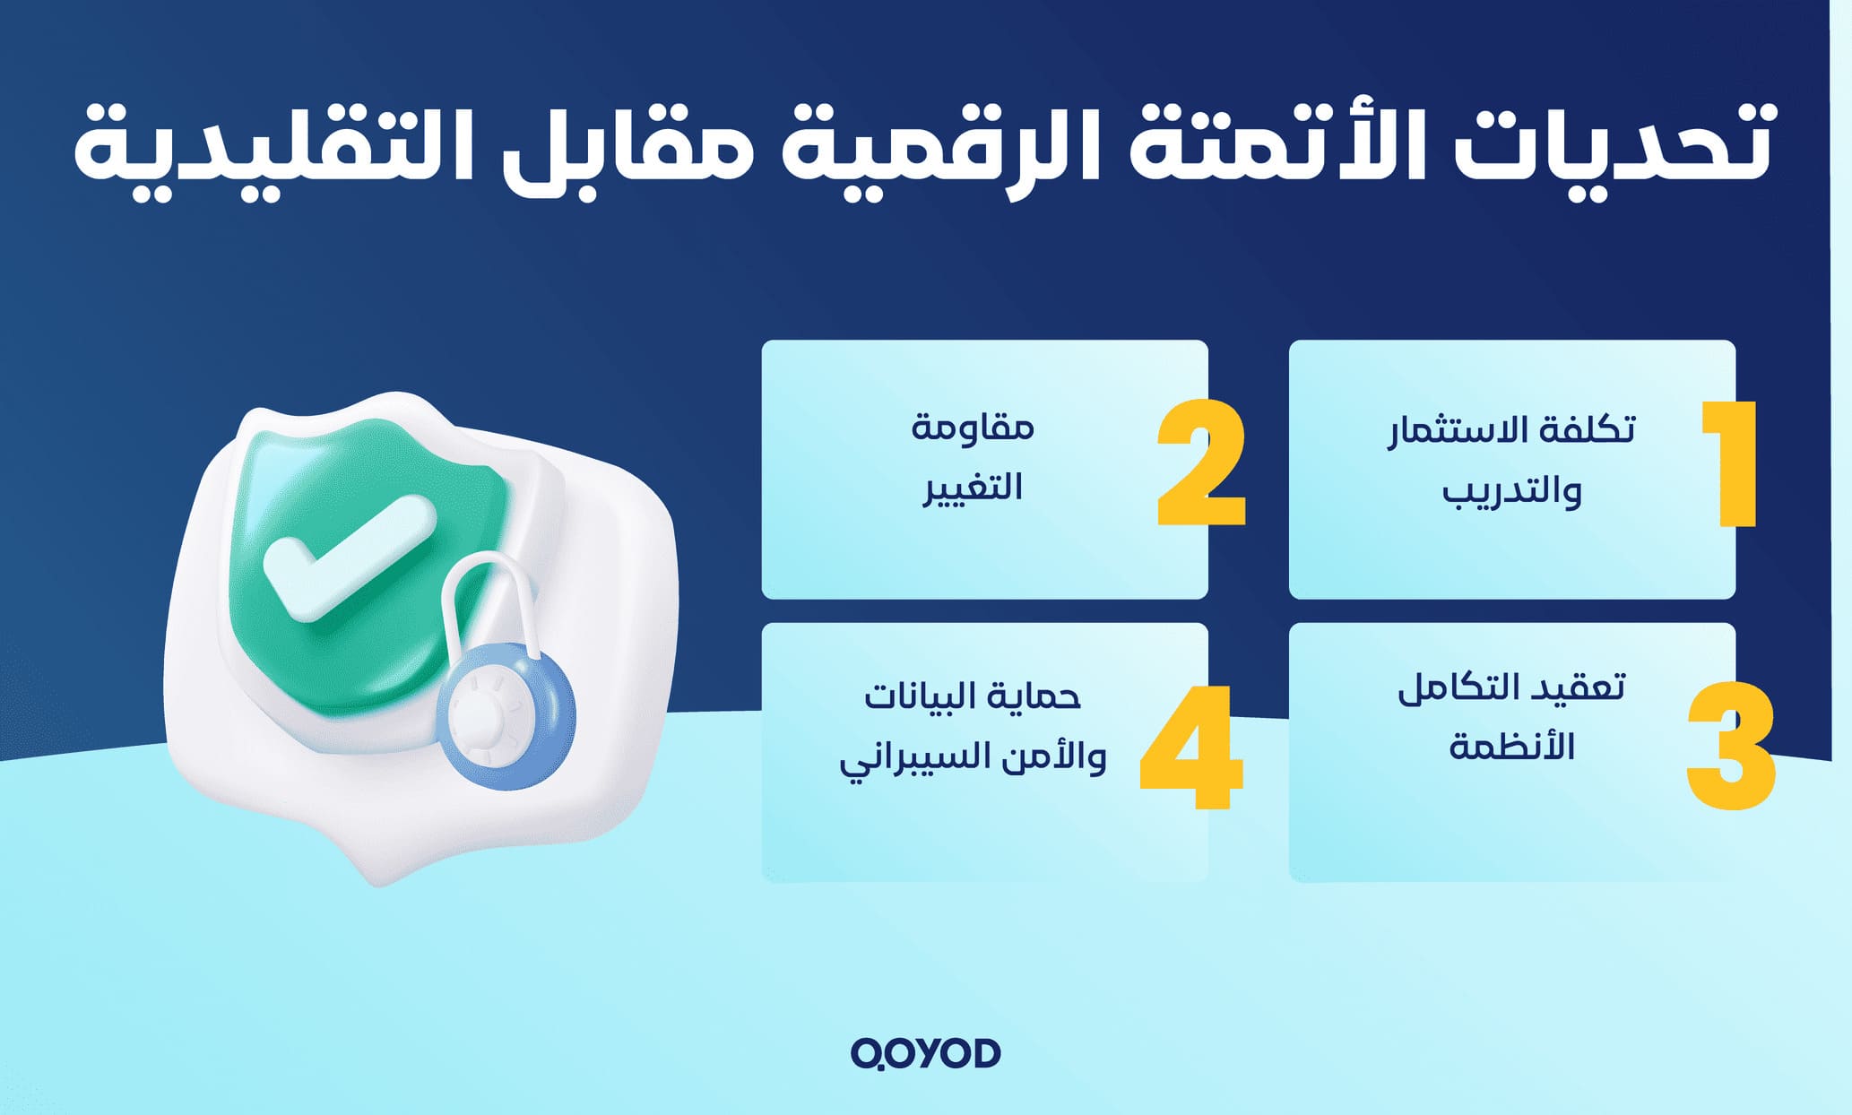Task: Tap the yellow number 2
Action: (x=1201, y=463)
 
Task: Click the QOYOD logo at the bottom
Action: (x=925, y=1053)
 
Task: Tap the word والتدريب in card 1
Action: (x=1511, y=491)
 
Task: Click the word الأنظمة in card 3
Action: (x=1511, y=746)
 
